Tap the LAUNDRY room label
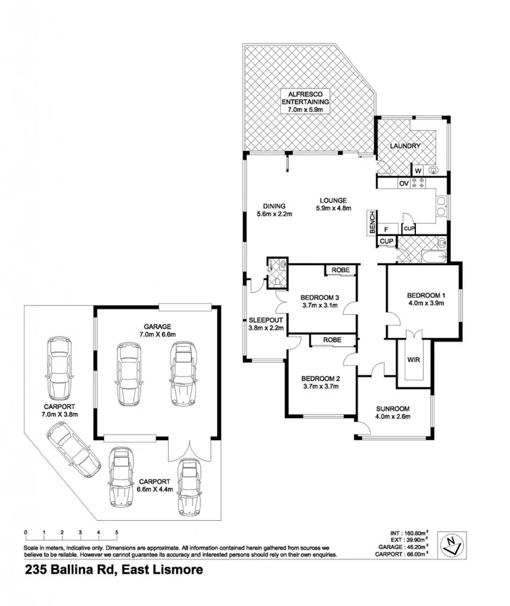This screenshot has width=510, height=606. tap(405, 146)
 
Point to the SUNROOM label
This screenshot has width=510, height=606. tap(393, 408)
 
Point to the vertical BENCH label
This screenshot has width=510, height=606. tap(372, 223)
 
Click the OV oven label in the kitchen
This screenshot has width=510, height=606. tap(403, 183)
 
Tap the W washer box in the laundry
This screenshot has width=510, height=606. tap(417, 171)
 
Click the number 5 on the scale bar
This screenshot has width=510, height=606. tap(117, 533)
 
